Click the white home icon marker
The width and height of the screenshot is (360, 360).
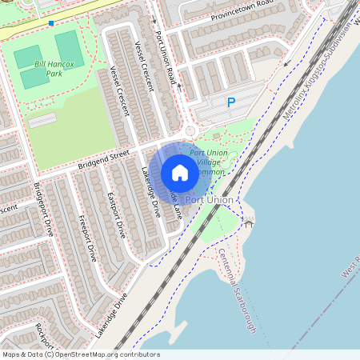[x=180, y=173]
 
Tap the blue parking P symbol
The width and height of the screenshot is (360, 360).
[x=231, y=102]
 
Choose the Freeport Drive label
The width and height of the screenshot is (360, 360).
[x=87, y=231]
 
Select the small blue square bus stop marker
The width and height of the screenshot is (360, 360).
[x=52, y=23]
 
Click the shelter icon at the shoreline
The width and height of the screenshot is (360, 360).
[x=248, y=223]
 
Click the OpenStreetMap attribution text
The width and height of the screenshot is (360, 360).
[x=80, y=354]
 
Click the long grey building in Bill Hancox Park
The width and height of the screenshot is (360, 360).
[x=42, y=120]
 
